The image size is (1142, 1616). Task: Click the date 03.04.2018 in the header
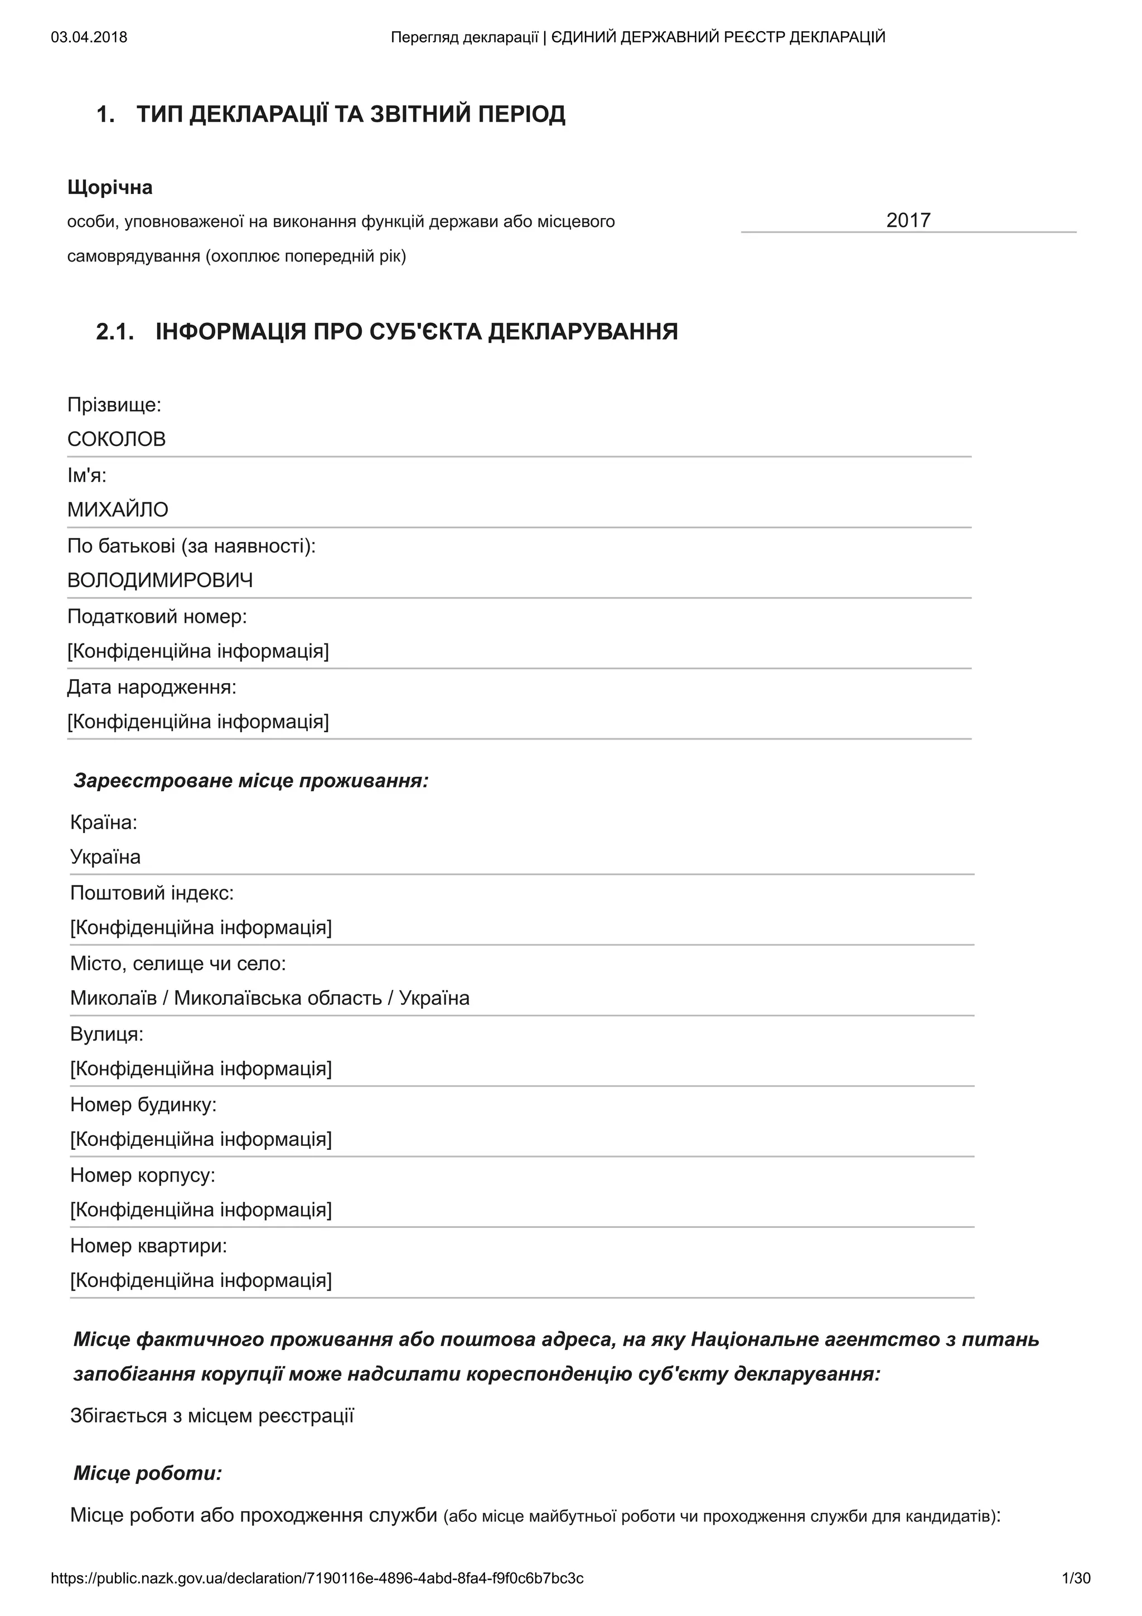[89, 37]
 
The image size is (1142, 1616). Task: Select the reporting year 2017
[908, 220]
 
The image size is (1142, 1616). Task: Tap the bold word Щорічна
[110, 187]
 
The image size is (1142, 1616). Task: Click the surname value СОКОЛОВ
[117, 439]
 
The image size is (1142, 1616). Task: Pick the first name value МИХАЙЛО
[118, 510]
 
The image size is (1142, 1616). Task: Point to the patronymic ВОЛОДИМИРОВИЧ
[161, 580]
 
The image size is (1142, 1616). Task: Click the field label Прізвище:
[114, 405]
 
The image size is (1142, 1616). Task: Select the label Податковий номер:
[157, 617]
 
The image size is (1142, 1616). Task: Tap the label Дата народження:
[152, 687]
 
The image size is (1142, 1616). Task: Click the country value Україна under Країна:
[105, 857]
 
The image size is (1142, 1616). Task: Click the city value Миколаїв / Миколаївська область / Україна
[269, 998]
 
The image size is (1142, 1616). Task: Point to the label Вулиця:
[107, 1034]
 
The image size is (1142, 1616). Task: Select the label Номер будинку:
[143, 1104]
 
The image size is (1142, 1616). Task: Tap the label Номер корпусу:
[143, 1175]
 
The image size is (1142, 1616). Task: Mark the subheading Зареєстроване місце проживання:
[251, 781]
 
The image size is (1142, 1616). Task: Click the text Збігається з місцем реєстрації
[212, 1415]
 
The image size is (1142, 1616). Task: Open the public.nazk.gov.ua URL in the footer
[317, 1578]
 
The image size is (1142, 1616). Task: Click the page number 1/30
[1076, 1578]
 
